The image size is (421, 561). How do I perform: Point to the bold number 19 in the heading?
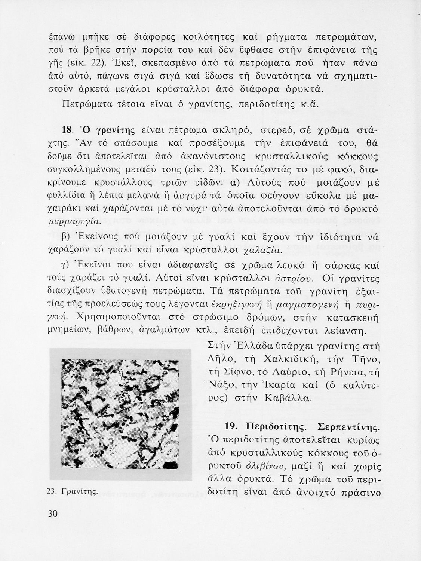[x=231, y=427]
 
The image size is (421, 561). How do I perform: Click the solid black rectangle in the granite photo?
[x=172, y=466]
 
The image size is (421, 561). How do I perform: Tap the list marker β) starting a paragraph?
[x=65, y=238]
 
